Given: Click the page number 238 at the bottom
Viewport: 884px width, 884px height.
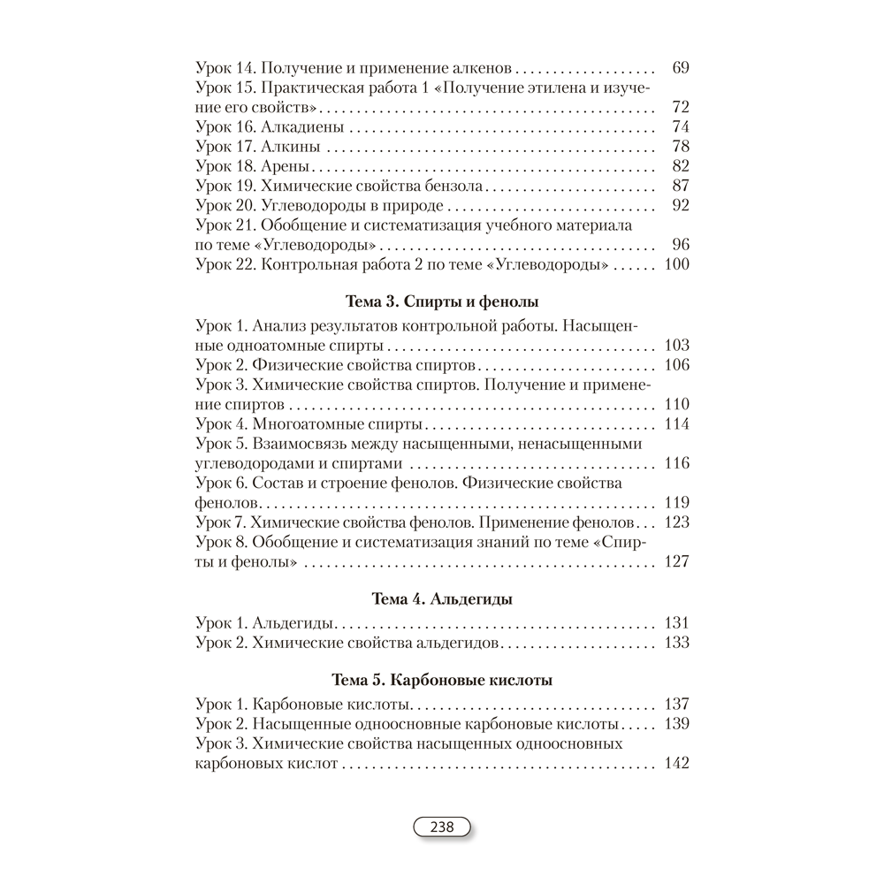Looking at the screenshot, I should (441, 827).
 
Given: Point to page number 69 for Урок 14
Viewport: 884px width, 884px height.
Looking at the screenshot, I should (680, 68).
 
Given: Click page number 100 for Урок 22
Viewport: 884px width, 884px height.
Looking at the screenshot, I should (675, 264).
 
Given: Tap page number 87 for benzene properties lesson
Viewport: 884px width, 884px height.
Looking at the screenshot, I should (680, 186).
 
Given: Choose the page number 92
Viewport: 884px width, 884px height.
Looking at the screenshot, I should (680, 205).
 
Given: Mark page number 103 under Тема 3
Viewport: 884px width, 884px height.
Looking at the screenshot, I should (675, 345).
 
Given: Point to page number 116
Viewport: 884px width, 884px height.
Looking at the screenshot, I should (675, 463).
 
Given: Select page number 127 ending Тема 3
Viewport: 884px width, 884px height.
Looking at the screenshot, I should (675, 561).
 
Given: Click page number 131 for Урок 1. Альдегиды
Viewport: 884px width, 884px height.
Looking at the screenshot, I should (675, 623).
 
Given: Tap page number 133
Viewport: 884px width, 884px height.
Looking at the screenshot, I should (675, 643).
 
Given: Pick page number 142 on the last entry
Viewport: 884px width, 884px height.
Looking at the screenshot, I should (675, 764).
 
